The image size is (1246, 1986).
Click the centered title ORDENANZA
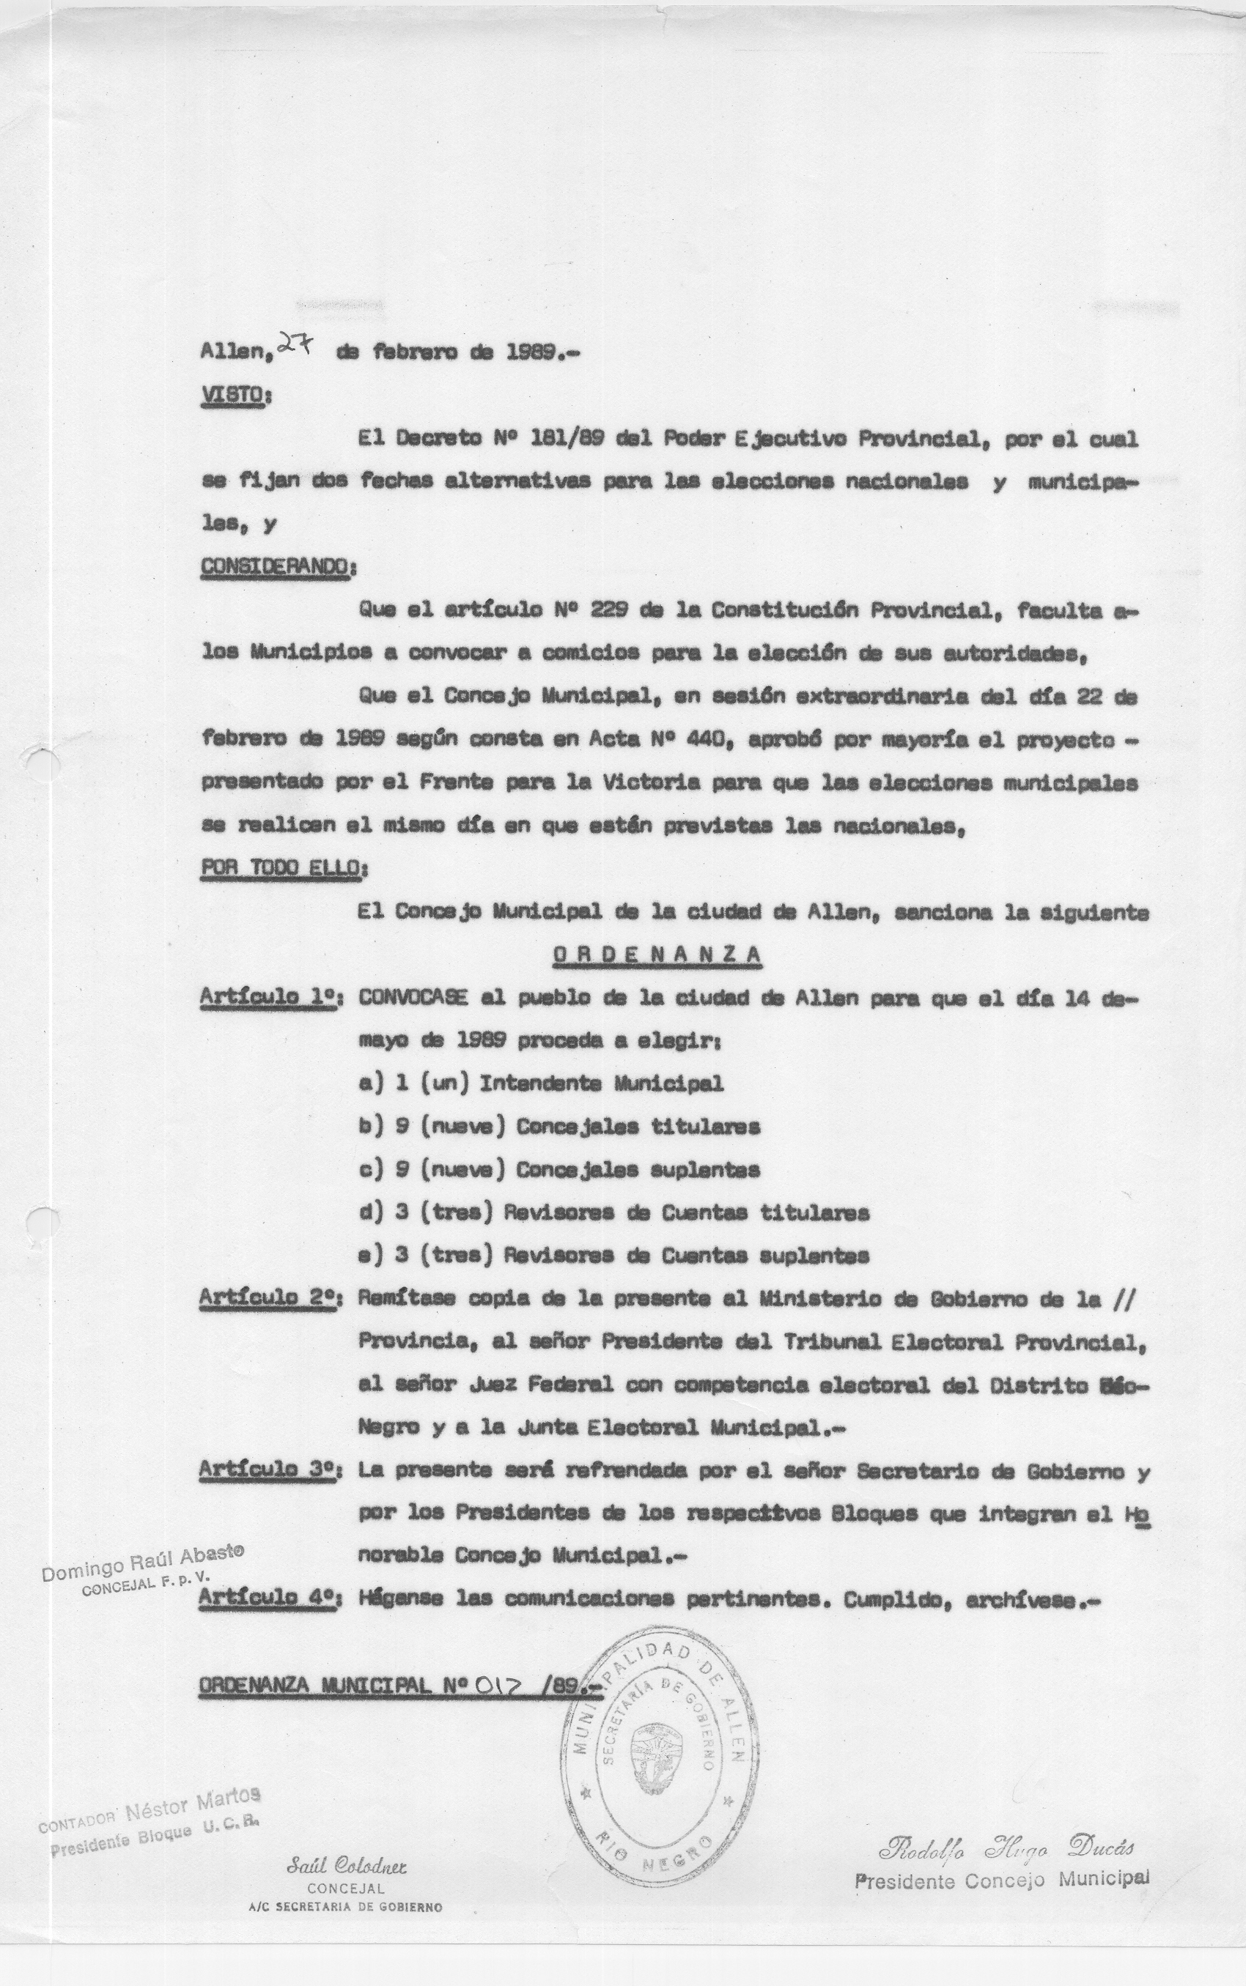(x=657, y=954)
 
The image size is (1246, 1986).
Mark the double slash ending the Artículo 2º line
(x=1123, y=1298)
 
